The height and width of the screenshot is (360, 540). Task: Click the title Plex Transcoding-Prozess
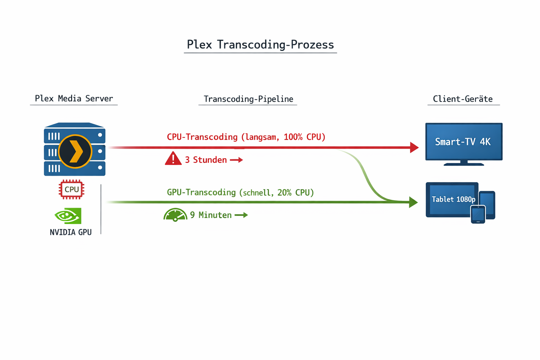[260, 45]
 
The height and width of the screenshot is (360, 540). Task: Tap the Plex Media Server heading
[74, 98]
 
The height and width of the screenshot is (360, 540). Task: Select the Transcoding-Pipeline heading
[248, 99]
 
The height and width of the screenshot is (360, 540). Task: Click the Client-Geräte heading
[463, 99]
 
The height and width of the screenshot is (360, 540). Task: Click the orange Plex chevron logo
[75, 152]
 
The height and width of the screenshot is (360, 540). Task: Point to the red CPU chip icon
[71, 189]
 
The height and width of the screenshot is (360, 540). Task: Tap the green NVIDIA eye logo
[68, 216]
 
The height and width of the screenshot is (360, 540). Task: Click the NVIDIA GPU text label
[71, 232]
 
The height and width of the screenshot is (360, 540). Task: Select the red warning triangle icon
[173, 159]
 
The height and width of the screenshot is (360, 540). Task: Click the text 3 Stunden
[206, 160]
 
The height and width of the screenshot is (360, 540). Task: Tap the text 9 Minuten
[211, 215]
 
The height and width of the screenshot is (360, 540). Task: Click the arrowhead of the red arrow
[414, 147]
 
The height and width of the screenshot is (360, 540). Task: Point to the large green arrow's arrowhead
[413, 202]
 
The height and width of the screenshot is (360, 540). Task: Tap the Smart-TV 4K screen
[463, 142]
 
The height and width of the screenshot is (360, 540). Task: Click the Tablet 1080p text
[453, 199]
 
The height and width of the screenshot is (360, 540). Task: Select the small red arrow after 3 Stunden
[236, 160]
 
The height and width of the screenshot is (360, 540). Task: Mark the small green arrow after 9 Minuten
[241, 215]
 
